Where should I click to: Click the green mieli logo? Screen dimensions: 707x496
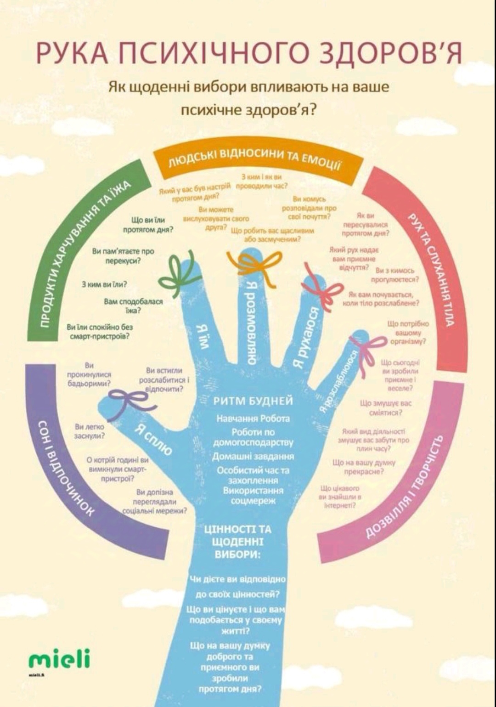(59, 660)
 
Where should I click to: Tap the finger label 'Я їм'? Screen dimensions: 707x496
(203, 336)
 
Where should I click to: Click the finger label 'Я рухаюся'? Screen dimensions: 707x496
(305, 338)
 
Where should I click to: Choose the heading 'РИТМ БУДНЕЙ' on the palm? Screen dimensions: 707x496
(253, 401)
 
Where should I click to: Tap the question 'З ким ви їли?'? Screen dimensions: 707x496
(104, 284)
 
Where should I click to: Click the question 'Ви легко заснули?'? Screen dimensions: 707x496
(90, 431)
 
